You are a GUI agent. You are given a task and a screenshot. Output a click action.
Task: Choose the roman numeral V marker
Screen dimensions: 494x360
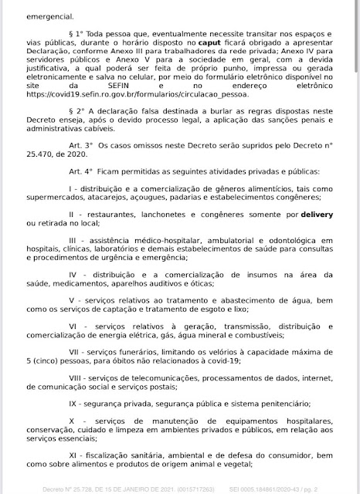[x=71, y=299]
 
